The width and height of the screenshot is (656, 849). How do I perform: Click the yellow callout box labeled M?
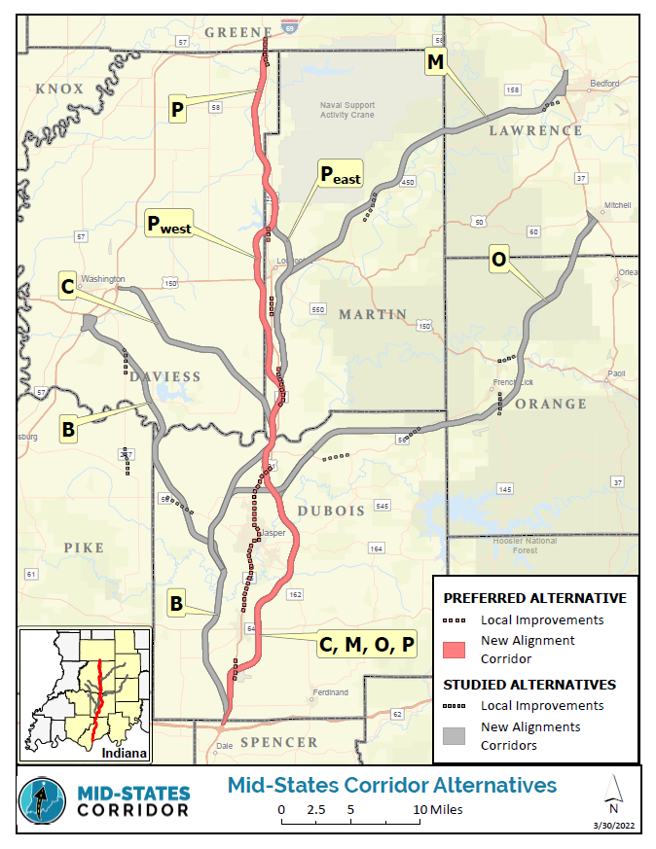coord(435,62)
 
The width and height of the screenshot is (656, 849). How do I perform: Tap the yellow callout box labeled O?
coord(498,260)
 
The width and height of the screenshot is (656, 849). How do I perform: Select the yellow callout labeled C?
coord(67,288)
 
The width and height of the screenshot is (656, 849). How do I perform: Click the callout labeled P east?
coord(340,175)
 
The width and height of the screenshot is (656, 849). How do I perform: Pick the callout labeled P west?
coord(168,225)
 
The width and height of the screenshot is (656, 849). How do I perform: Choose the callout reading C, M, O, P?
coord(366,644)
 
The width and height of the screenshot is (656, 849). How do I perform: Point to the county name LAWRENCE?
coord(535,130)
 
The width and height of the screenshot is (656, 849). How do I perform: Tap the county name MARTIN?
coord(373,314)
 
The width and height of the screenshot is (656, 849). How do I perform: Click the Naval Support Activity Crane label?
coord(347,110)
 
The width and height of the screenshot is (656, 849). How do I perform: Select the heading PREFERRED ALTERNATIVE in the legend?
coord(534,598)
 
